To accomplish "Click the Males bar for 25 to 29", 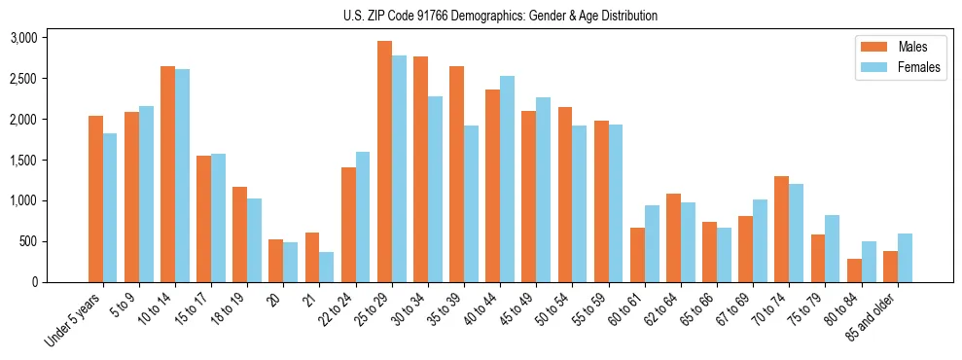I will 384,162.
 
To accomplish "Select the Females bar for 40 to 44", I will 508,179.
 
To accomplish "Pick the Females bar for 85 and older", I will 906,258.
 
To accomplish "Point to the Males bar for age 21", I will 312,257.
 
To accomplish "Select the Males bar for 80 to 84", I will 854,270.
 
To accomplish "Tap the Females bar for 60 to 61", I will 653,243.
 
